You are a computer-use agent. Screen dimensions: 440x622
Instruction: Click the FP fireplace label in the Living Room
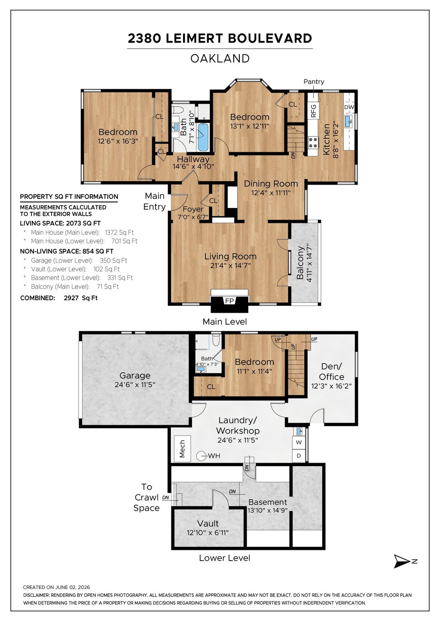click(x=229, y=301)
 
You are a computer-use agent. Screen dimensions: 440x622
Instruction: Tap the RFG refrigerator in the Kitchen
click(x=313, y=111)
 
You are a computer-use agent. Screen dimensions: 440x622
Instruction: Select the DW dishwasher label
click(x=349, y=107)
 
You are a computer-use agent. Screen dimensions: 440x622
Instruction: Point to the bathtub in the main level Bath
click(x=203, y=137)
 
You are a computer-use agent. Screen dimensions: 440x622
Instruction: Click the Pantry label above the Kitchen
click(x=314, y=82)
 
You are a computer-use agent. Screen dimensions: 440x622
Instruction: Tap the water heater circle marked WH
click(x=201, y=456)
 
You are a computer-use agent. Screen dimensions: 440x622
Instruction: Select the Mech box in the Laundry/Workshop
click(x=182, y=448)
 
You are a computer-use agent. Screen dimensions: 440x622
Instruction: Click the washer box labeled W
click(x=299, y=442)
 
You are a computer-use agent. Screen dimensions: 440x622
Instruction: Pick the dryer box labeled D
click(x=299, y=455)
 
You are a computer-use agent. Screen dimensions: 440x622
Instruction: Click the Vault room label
click(x=208, y=524)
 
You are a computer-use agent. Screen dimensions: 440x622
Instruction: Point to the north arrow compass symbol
click(x=402, y=561)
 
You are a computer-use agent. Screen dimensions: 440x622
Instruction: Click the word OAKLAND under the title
click(x=220, y=58)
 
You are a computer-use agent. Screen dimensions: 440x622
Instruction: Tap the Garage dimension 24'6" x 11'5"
click(x=135, y=384)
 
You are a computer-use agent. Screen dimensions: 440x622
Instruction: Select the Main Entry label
click(x=154, y=201)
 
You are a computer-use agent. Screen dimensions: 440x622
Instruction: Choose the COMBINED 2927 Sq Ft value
click(x=80, y=298)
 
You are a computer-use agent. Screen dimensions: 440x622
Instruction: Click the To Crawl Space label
click(x=147, y=497)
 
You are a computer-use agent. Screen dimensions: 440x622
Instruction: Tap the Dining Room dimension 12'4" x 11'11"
click(x=271, y=193)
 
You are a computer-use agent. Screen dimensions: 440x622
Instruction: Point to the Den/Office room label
click(x=331, y=372)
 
